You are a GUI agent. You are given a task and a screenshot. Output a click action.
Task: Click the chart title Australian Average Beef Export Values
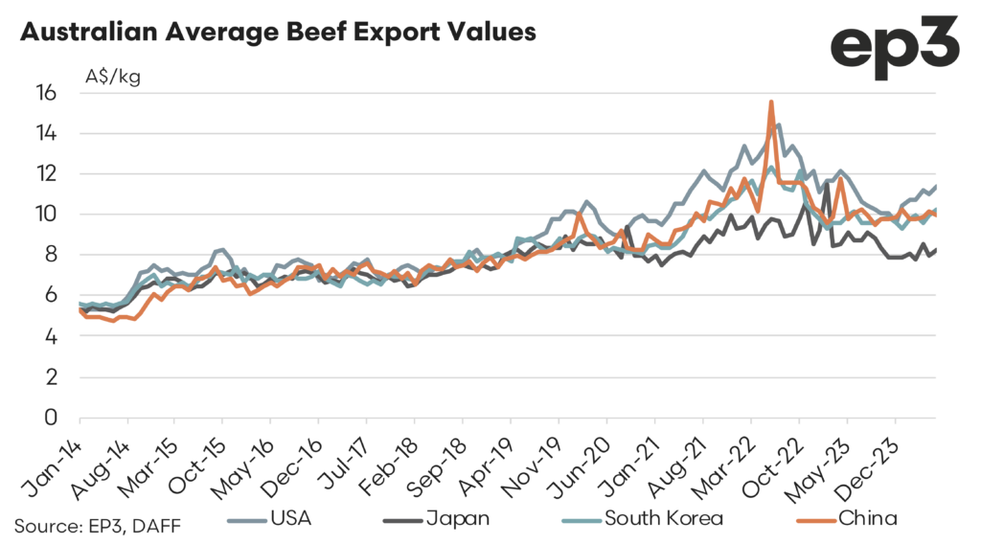[278, 31]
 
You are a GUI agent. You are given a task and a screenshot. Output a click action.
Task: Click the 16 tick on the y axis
[47, 93]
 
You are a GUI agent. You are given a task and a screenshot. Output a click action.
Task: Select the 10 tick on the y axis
[47, 215]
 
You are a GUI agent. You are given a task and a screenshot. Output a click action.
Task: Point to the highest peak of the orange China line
[771, 102]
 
